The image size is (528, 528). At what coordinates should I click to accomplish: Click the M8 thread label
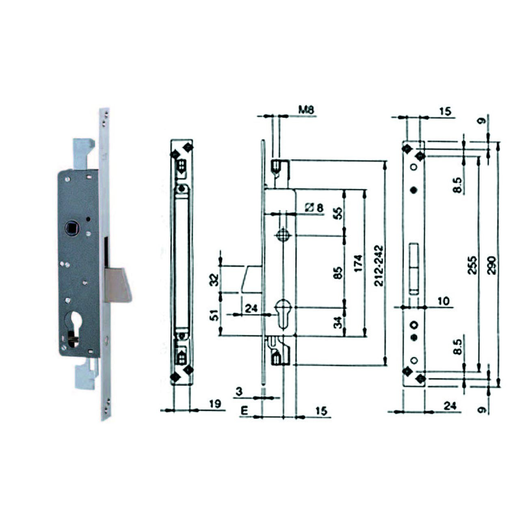(x=306, y=110)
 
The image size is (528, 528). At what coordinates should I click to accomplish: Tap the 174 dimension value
(x=358, y=263)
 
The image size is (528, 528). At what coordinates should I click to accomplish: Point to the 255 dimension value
(x=472, y=265)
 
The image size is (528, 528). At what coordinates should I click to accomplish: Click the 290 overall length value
(x=492, y=265)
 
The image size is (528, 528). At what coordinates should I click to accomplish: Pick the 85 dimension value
(x=339, y=273)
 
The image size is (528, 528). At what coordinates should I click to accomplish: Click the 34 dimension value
(x=339, y=322)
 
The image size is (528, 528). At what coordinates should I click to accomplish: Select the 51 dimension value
(x=215, y=316)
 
